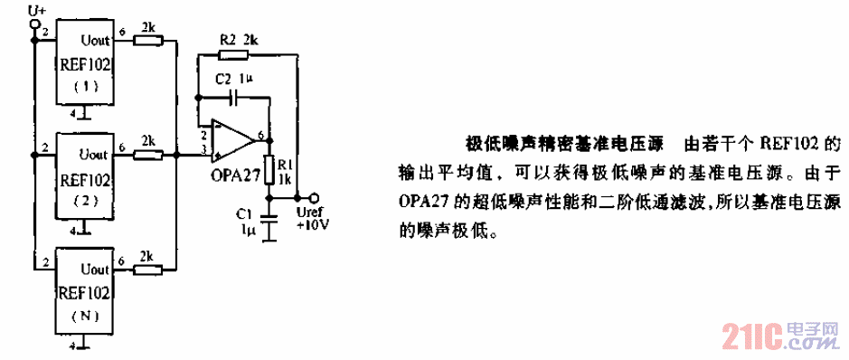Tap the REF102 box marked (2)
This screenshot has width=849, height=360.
click(x=84, y=175)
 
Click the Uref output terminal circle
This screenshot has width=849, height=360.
click(x=314, y=198)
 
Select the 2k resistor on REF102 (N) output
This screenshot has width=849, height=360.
click(x=146, y=270)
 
